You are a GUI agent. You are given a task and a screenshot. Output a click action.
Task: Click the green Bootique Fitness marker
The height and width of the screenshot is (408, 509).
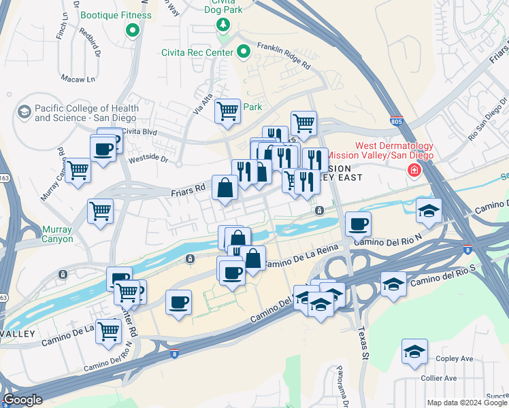[x=132, y=30]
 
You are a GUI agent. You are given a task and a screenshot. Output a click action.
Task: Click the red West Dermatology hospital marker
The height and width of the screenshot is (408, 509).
[x=413, y=170]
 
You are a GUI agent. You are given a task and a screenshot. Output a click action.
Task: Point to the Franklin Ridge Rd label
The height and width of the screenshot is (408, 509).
[x=284, y=57]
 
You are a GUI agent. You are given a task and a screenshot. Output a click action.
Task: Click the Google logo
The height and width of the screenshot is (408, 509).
[x=22, y=399]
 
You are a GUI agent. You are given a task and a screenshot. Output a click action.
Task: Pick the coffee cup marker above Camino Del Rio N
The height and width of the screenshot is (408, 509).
[x=359, y=224]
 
